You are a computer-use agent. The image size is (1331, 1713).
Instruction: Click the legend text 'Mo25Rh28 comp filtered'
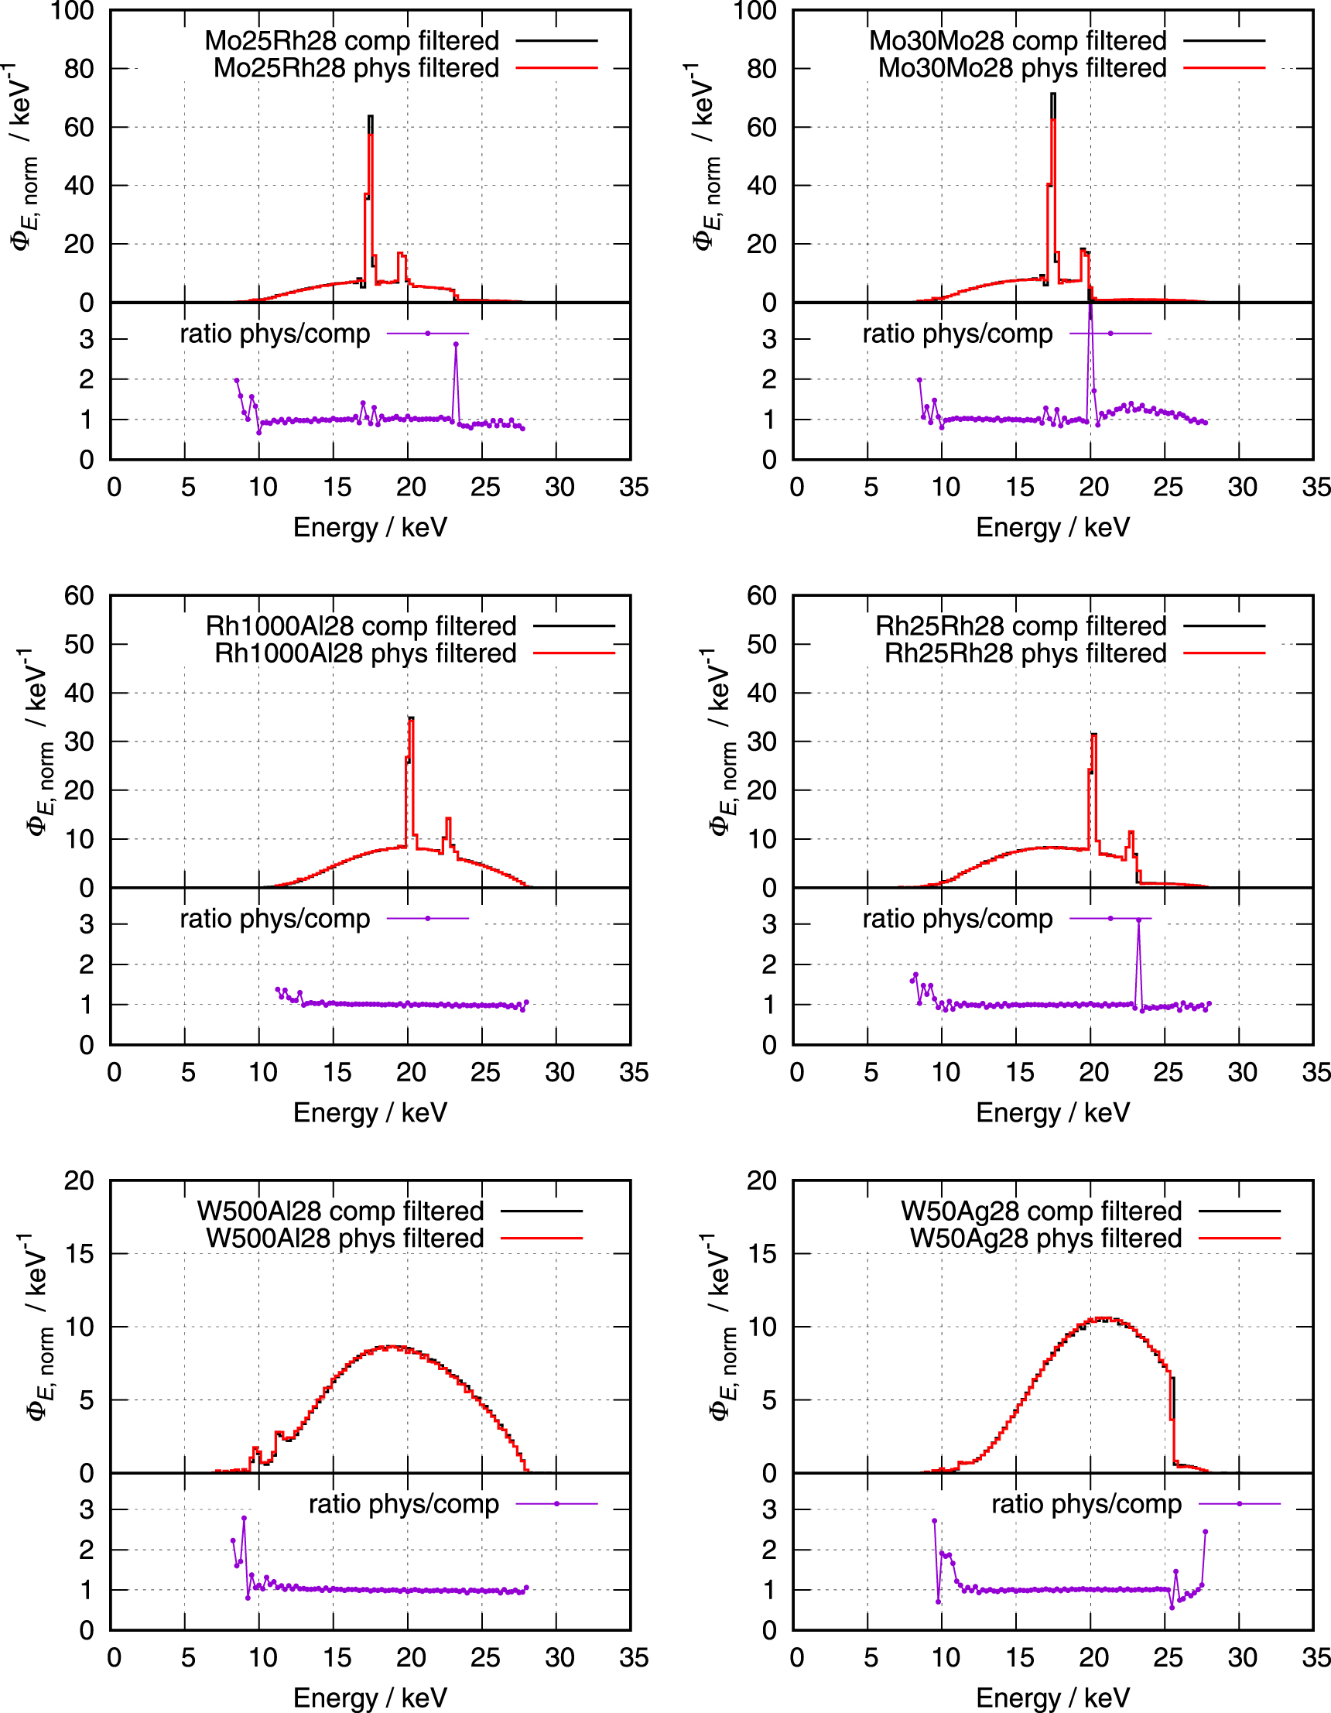(x=351, y=41)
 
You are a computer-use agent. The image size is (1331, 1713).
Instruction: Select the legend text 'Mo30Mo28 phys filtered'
(x=1022, y=68)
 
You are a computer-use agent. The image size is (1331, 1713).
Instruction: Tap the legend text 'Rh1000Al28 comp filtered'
(x=361, y=626)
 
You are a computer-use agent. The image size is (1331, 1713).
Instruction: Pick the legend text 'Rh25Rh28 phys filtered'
(x=1025, y=653)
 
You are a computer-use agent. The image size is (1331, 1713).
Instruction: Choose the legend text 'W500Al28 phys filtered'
(x=345, y=1238)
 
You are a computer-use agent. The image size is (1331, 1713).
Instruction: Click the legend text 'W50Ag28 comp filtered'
(x=1041, y=1211)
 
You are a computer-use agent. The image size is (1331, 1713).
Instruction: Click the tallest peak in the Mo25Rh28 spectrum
(x=370, y=117)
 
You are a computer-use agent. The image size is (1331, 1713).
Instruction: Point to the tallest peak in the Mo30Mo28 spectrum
(x=1052, y=95)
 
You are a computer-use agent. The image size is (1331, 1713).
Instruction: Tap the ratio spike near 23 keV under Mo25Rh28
(x=456, y=344)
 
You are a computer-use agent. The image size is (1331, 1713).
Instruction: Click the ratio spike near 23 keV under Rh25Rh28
(x=1139, y=920)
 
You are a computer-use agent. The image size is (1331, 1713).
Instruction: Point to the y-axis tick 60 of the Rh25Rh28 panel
(x=761, y=596)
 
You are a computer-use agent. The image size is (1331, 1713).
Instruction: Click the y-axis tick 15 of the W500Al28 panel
(x=78, y=1254)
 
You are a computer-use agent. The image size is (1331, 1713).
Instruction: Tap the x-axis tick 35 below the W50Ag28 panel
(x=1316, y=1657)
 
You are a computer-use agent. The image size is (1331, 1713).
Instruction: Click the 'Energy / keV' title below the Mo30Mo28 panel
(x=1052, y=527)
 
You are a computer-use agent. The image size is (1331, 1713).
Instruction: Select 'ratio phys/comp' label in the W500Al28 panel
(x=403, y=1504)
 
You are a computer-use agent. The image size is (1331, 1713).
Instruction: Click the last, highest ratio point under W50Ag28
(x=1206, y=1531)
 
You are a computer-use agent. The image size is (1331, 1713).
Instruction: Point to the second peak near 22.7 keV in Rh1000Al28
(x=448, y=819)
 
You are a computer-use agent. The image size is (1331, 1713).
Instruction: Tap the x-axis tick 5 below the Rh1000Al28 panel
(x=187, y=1072)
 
